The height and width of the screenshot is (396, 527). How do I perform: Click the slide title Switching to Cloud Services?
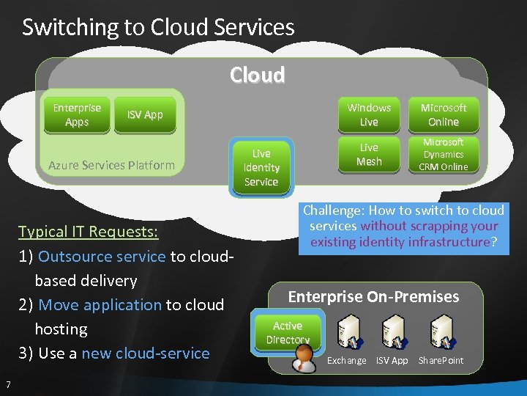pyautogui.click(x=158, y=28)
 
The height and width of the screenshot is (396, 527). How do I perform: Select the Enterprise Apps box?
pyautogui.click(x=77, y=115)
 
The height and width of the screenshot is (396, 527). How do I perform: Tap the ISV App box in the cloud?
pyautogui.click(x=145, y=115)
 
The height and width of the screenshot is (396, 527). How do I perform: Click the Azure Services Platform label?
pyautogui.click(x=111, y=165)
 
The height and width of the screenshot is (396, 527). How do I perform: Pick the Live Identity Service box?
pyautogui.click(x=261, y=167)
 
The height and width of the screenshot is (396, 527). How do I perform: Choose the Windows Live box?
pyautogui.click(x=369, y=114)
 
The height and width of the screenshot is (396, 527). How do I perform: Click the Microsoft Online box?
pyautogui.click(x=444, y=114)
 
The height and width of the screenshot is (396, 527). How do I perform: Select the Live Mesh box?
pyautogui.click(x=369, y=155)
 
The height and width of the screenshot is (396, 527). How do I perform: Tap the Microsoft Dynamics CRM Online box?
pyautogui.click(x=444, y=155)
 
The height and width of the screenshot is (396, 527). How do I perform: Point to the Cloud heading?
pyautogui.click(x=257, y=76)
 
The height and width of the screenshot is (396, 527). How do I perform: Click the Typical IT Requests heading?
pyautogui.click(x=89, y=232)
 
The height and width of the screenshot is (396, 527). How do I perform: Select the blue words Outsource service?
pyautogui.click(x=102, y=256)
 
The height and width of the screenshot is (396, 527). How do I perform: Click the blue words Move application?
pyautogui.click(x=100, y=304)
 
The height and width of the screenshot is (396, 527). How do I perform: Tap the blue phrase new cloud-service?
pyautogui.click(x=146, y=353)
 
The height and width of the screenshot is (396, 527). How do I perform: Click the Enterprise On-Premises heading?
pyautogui.click(x=373, y=296)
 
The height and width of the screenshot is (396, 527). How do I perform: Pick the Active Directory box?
pyautogui.click(x=288, y=332)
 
